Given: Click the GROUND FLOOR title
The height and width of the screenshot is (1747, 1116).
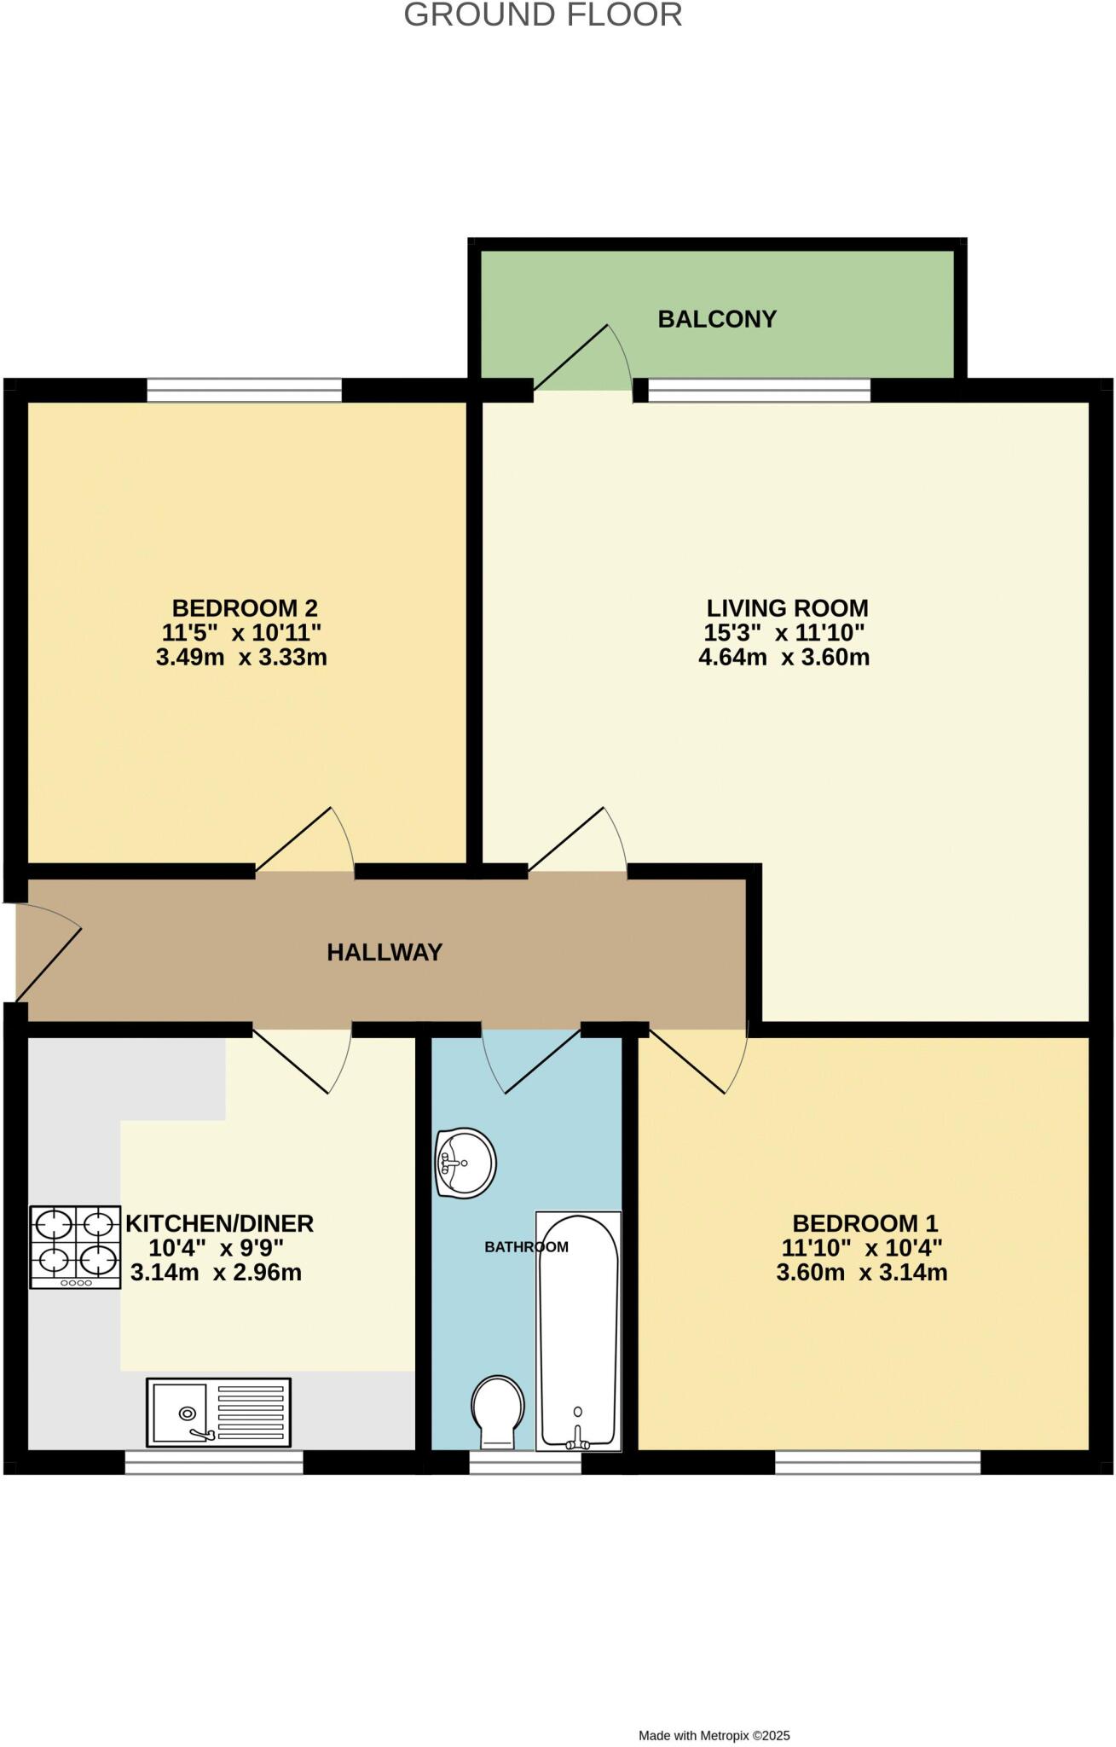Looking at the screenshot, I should [542, 15].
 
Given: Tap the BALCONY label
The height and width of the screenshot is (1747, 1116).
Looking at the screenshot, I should [717, 319].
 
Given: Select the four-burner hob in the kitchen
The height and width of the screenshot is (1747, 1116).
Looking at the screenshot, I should [75, 1246].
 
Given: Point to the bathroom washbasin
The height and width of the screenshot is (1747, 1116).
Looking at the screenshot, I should [465, 1163].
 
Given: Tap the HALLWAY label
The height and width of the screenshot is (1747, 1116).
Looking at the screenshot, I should [385, 952].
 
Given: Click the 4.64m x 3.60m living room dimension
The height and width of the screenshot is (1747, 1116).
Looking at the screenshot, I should [784, 658].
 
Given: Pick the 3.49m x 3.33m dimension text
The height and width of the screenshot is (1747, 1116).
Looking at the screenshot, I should [241, 658].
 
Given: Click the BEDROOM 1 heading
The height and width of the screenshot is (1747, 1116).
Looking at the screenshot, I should [861, 1223].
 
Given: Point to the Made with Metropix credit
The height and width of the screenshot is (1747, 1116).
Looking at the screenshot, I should [714, 1735].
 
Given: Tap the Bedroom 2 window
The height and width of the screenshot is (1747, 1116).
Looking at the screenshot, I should [244, 391].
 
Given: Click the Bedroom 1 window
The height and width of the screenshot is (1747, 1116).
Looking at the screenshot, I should [877, 1462].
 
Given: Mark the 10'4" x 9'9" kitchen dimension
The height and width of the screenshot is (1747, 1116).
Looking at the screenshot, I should [216, 1248].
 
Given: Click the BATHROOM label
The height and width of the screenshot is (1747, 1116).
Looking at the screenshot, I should [526, 1247].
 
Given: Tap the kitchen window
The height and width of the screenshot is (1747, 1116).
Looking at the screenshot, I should [213, 1462].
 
